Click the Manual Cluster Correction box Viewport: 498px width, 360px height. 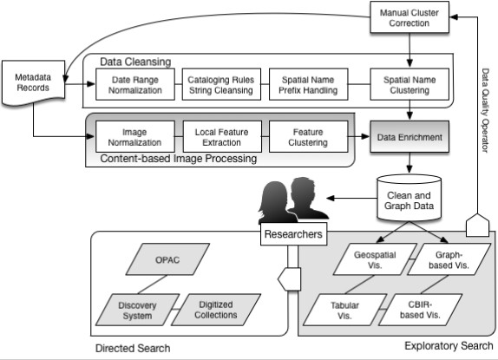pos(410,17)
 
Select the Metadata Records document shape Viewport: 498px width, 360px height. pos(33,82)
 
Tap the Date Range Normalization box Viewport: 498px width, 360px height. pos(135,84)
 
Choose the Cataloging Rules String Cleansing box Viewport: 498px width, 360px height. pos(221,84)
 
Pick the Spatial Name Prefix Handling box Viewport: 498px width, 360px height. pos(308,84)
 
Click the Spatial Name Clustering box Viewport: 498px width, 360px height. pos(410,84)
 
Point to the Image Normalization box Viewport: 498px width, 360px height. pos(135,137)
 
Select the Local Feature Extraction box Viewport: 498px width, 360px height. pos(222,137)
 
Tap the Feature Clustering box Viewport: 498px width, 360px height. pos(308,137)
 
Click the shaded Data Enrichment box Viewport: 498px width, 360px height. pos(410,137)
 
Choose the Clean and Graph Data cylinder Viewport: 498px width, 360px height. pos(410,198)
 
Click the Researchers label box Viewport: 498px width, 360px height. pos(293,234)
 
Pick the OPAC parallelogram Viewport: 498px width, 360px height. pos(167,259)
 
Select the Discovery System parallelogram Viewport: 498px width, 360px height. pos(138,310)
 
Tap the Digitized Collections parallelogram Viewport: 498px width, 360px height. pos(216,310)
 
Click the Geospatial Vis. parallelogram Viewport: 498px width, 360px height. pos(375,259)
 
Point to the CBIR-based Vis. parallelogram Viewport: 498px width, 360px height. pos(421,310)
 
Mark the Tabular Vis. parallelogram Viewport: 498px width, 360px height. pos(345,310)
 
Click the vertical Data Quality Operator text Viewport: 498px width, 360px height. pos(485,110)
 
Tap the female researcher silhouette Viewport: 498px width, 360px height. pos(276,202)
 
